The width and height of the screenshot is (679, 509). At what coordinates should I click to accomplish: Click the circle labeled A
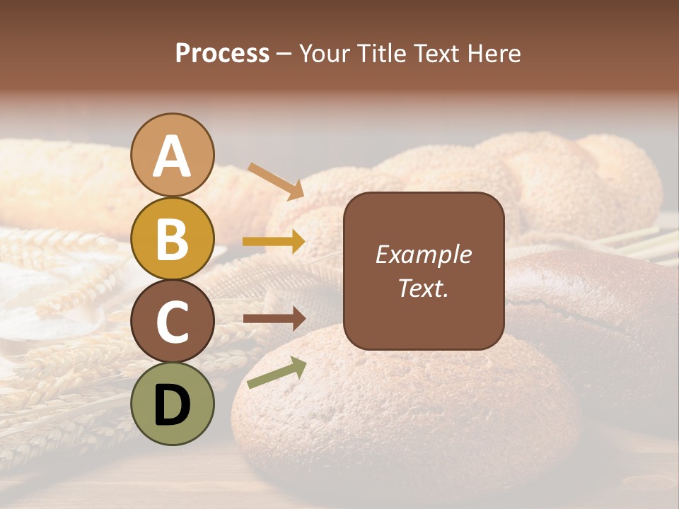pyautogui.click(x=172, y=155)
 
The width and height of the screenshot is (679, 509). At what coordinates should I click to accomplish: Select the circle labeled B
pyautogui.click(x=172, y=238)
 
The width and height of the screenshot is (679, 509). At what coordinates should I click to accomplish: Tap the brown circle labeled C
pyautogui.click(x=172, y=321)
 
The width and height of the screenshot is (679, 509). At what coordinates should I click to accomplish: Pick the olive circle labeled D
pyautogui.click(x=172, y=404)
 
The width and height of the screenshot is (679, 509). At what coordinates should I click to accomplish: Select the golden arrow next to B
pyautogui.click(x=274, y=242)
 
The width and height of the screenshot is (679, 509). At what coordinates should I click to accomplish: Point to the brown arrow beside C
pyautogui.click(x=274, y=319)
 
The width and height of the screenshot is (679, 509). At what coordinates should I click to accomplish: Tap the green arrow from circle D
pyautogui.click(x=277, y=373)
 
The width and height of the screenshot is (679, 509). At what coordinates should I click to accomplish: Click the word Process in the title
pyautogui.click(x=222, y=54)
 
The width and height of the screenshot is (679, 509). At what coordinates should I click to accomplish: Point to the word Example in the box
pyautogui.click(x=423, y=255)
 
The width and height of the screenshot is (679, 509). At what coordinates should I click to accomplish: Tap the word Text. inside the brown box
pyautogui.click(x=423, y=288)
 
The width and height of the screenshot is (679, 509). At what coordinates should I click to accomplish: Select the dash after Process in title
pyautogui.click(x=284, y=54)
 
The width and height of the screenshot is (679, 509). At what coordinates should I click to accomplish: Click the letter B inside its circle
pyautogui.click(x=172, y=238)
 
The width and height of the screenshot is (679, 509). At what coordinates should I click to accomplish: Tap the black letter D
pyautogui.click(x=172, y=405)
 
